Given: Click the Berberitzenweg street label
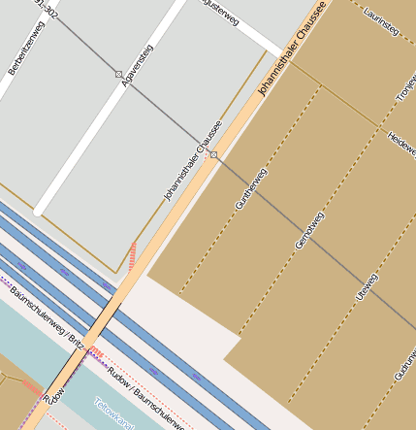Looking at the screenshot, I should pyautogui.click(x=23, y=50).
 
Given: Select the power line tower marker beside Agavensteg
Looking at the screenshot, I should pyautogui.click(x=118, y=74).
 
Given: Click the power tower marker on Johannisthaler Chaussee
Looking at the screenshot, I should pyautogui.click(x=213, y=154).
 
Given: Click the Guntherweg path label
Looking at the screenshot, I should pyautogui.click(x=250, y=189).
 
